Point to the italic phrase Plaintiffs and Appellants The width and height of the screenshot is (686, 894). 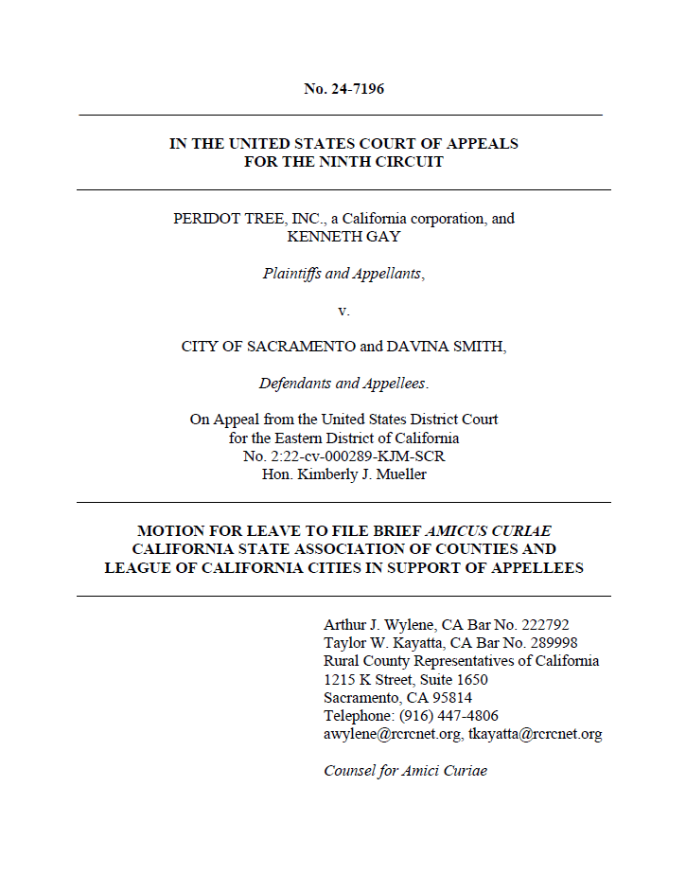(x=343, y=274)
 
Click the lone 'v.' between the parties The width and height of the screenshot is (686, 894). (x=343, y=310)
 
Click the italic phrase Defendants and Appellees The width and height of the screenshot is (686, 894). (x=343, y=384)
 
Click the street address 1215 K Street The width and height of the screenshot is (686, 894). (x=368, y=680)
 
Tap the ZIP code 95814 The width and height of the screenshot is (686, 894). (x=451, y=698)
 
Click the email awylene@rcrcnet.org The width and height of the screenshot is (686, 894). (x=390, y=734)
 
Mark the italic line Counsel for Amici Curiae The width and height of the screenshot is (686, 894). (x=405, y=770)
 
